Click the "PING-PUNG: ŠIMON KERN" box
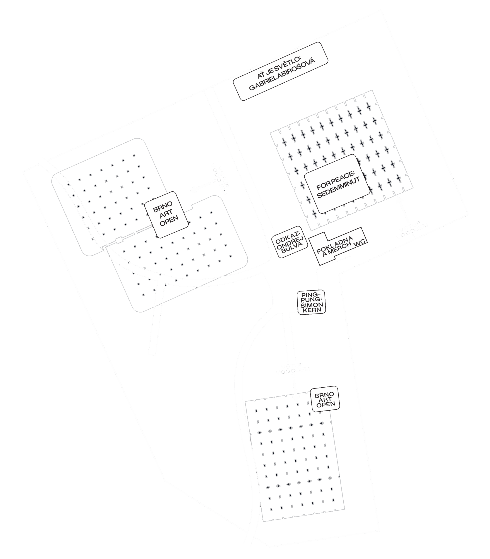[x=311, y=302]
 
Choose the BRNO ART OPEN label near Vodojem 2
[x=325, y=399]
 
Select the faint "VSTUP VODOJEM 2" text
[x=292, y=369]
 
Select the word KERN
[x=312, y=310]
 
